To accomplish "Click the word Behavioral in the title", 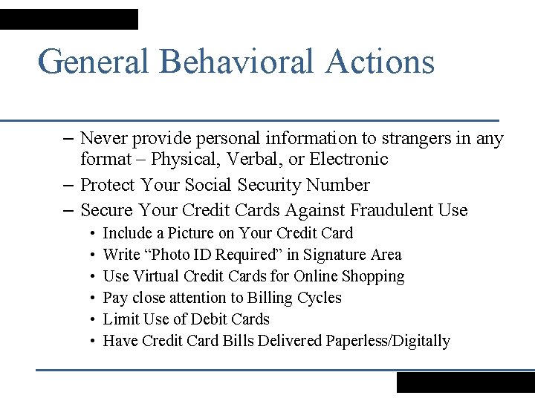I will tap(236, 61).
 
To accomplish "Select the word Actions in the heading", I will tap(379, 61).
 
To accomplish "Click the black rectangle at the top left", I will tap(69, 19).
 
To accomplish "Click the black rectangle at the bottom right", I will tap(465, 382).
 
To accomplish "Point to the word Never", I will tap(103, 138).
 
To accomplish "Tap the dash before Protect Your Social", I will tap(68, 184).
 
